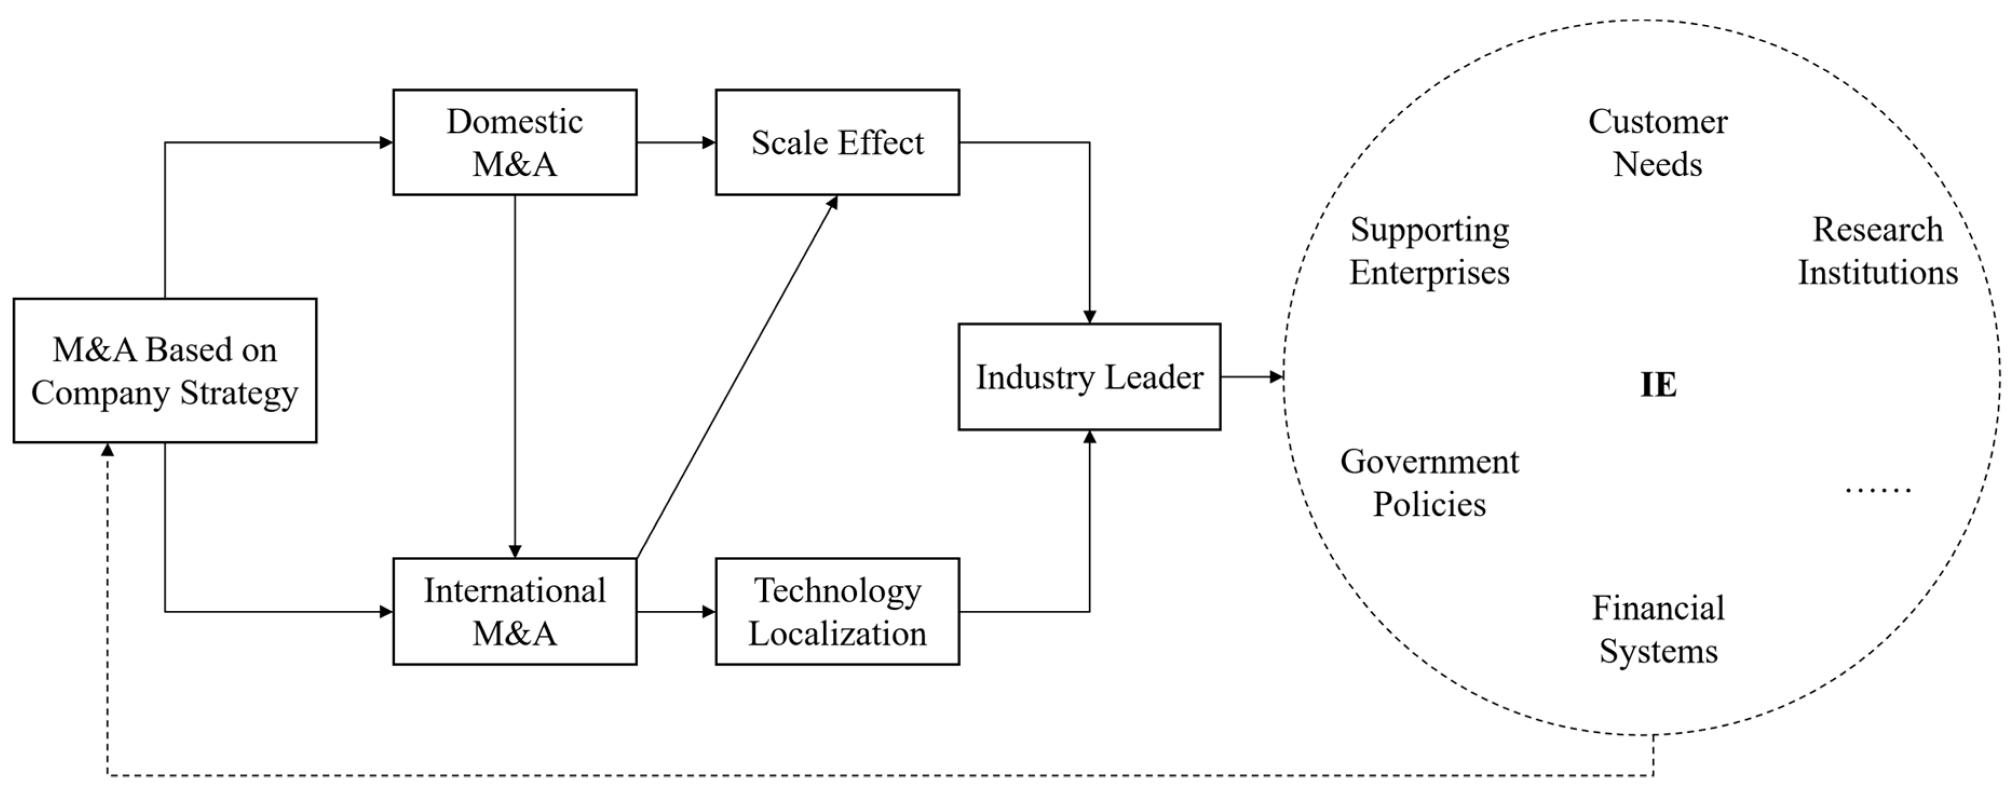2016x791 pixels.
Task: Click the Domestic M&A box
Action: [514, 142]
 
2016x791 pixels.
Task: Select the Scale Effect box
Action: [837, 142]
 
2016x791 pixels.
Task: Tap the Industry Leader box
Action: [1089, 376]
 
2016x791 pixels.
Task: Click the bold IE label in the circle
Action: [1658, 385]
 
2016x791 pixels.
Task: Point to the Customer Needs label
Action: [1658, 142]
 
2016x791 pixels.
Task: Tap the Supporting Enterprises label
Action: [1429, 250]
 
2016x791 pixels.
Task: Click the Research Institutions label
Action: [1877, 250]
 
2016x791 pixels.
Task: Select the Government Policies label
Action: [1429, 483]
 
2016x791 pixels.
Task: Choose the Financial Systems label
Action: [1658, 629]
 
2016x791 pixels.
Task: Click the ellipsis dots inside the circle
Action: [1877, 490]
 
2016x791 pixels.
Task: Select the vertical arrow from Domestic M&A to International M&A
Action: [514, 376]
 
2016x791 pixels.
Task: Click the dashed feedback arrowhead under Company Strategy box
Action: [107, 450]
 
